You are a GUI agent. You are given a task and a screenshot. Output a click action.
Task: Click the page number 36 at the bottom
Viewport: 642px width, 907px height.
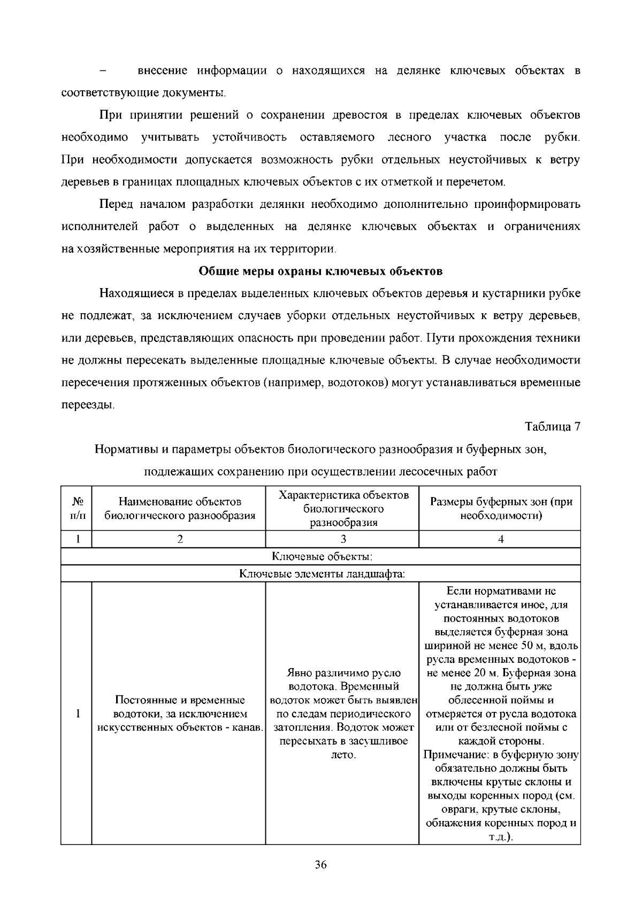[x=320, y=865]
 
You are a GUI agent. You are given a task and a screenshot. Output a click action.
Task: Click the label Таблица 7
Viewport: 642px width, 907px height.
[x=553, y=427]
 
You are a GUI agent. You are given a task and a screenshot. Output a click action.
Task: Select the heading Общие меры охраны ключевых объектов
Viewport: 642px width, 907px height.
[x=320, y=271]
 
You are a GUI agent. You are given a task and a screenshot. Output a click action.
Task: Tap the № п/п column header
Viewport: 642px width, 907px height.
[x=77, y=509]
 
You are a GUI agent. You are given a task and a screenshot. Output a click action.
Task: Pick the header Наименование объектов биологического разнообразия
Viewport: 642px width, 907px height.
[x=179, y=509]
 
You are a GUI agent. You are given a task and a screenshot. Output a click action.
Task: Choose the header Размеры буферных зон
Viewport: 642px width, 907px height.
[x=501, y=509]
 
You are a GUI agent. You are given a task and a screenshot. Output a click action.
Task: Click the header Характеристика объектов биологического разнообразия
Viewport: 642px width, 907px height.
[x=343, y=509]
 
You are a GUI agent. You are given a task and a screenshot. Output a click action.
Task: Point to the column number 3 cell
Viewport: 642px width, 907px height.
[x=343, y=539]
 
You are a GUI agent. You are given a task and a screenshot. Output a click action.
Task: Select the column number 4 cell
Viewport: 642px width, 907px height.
[x=501, y=539]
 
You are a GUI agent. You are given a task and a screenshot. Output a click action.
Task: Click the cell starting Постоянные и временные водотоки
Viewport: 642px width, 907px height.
[x=179, y=714]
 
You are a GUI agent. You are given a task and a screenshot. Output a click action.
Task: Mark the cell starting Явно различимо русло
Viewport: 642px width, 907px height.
[x=343, y=714]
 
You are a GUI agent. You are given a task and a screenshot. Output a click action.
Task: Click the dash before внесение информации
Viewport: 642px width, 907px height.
[x=103, y=71]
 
